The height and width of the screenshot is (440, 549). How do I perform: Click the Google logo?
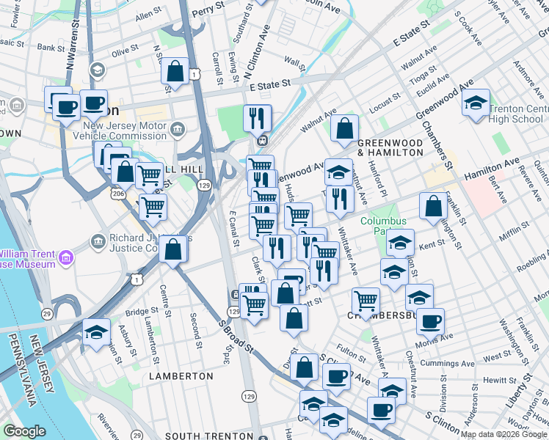[x=24, y=431]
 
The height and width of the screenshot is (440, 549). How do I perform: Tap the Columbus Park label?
[x=382, y=227]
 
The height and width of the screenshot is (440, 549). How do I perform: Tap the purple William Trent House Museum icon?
[x=66, y=257]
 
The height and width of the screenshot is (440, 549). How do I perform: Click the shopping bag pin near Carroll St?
[x=175, y=72]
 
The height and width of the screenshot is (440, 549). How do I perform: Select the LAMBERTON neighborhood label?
[x=181, y=375]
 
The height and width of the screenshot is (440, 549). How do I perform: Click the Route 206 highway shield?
[x=118, y=194]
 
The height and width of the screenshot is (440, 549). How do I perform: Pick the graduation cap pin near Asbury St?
[x=96, y=332]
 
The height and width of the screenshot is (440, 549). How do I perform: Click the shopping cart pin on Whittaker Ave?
[x=365, y=299]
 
